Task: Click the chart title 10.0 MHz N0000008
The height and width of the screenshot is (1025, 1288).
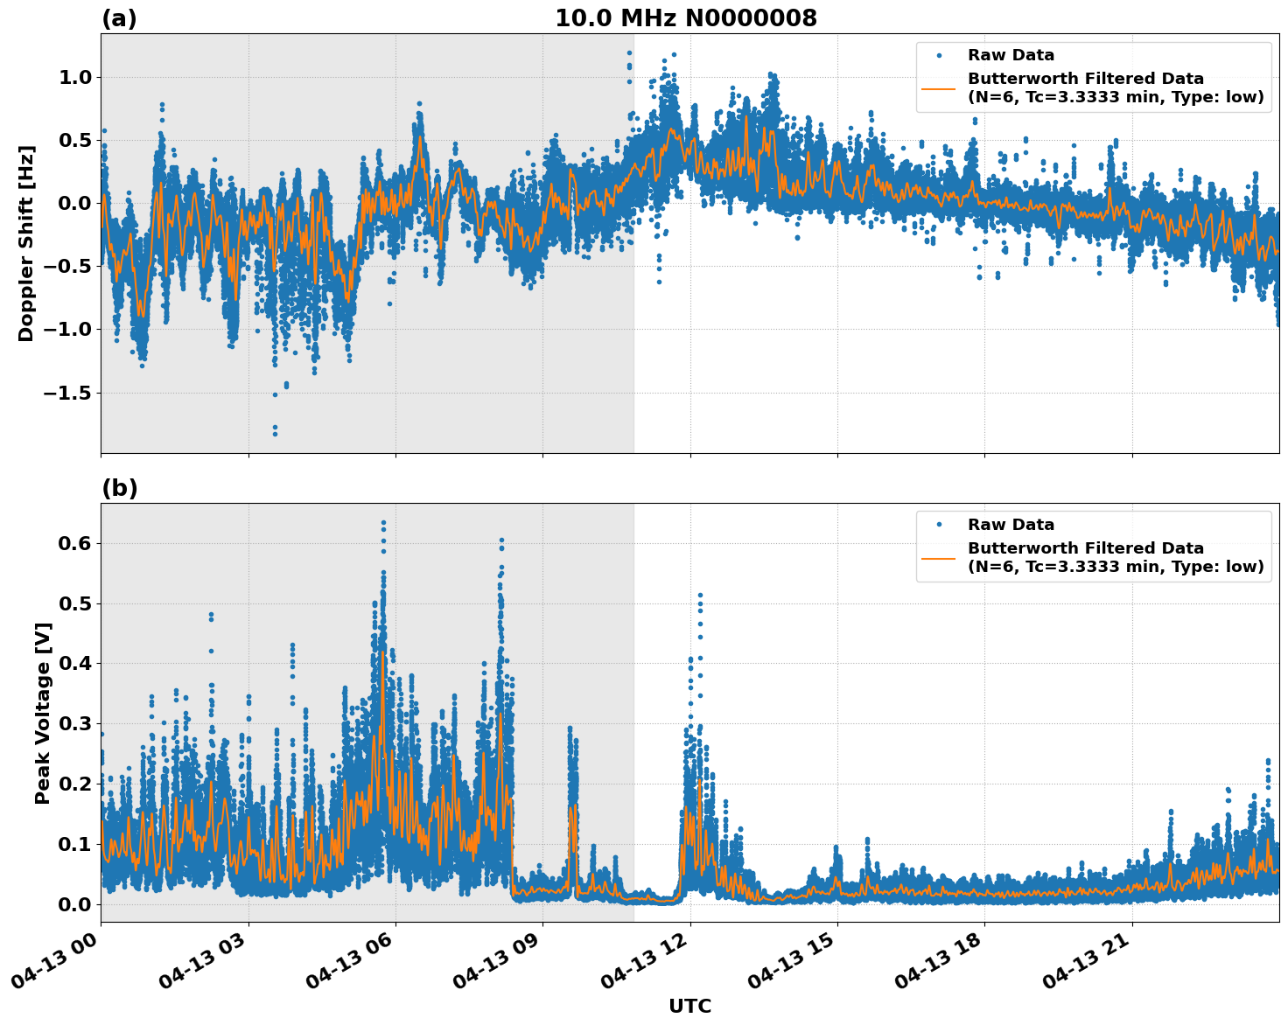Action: [x=686, y=18]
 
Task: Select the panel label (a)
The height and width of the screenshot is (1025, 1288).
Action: [x=119, y=18]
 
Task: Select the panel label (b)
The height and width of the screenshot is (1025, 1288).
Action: [x=119, y=488]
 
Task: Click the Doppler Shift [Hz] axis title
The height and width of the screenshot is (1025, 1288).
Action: [x=26, y=243]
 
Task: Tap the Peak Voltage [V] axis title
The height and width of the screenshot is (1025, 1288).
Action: [x=43, y=713]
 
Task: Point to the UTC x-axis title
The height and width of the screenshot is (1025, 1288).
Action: [x=689, y=1006]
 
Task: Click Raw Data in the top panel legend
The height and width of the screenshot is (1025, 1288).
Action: [x=1011, y=55]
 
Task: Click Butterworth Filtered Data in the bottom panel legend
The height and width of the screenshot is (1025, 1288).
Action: [x=1085, y=548]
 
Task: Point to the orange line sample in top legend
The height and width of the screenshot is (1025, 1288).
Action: [x=938, y=87]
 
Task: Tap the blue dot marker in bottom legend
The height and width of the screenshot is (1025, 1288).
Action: [x=939, y=525]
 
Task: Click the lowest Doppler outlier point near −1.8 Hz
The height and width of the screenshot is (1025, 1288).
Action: [x=275, y=433]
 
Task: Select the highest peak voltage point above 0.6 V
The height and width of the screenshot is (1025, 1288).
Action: [x=383, y=523]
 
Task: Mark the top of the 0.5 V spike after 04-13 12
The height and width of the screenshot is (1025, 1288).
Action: [x=700, y=596]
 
